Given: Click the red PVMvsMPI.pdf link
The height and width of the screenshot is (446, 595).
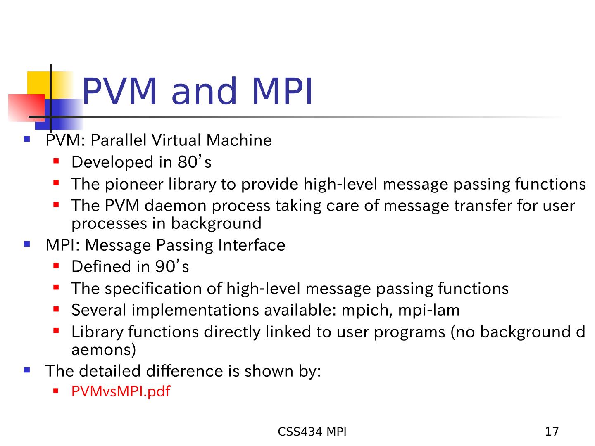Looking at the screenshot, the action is [121, 391].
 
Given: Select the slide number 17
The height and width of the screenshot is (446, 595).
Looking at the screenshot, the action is [552, 432].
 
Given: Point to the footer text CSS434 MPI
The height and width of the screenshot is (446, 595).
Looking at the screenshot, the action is [312, 432].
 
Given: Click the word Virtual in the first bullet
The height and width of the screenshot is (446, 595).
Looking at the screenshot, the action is [176, 140].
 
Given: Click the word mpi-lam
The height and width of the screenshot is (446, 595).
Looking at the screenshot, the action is [429, 310].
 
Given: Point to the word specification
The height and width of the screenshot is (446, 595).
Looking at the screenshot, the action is [153, 289].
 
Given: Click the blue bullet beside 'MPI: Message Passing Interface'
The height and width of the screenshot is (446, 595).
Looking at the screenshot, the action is [27, 244].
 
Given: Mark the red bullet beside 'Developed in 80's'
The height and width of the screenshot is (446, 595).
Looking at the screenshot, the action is [56, 161].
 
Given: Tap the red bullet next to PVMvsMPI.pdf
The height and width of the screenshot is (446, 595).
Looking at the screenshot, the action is [56, 391].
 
